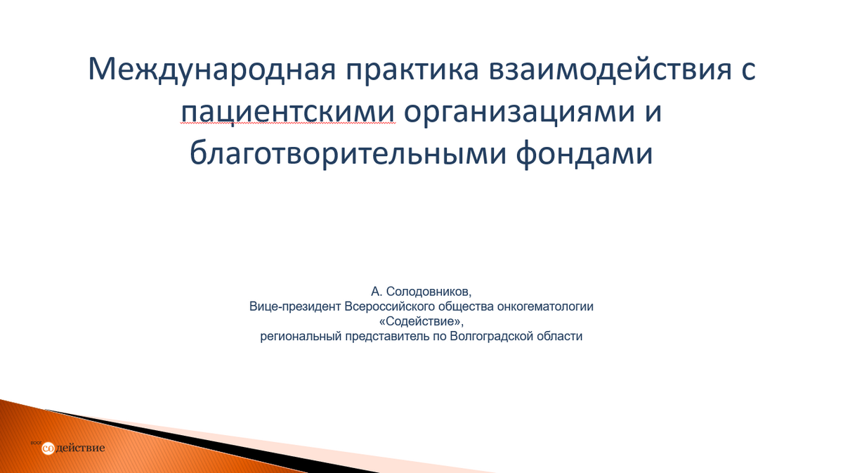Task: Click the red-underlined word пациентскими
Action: pos(288,112)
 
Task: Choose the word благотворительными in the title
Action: pos(348,154)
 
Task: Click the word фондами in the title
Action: pos(584,154)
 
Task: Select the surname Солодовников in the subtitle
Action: pos(429,292)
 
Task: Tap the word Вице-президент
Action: pos(294,307)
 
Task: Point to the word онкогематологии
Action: pos(545,307)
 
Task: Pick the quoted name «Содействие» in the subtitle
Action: pos(421,322)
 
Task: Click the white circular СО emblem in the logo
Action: pos(48,448)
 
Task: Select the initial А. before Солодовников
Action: pos(377,292)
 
